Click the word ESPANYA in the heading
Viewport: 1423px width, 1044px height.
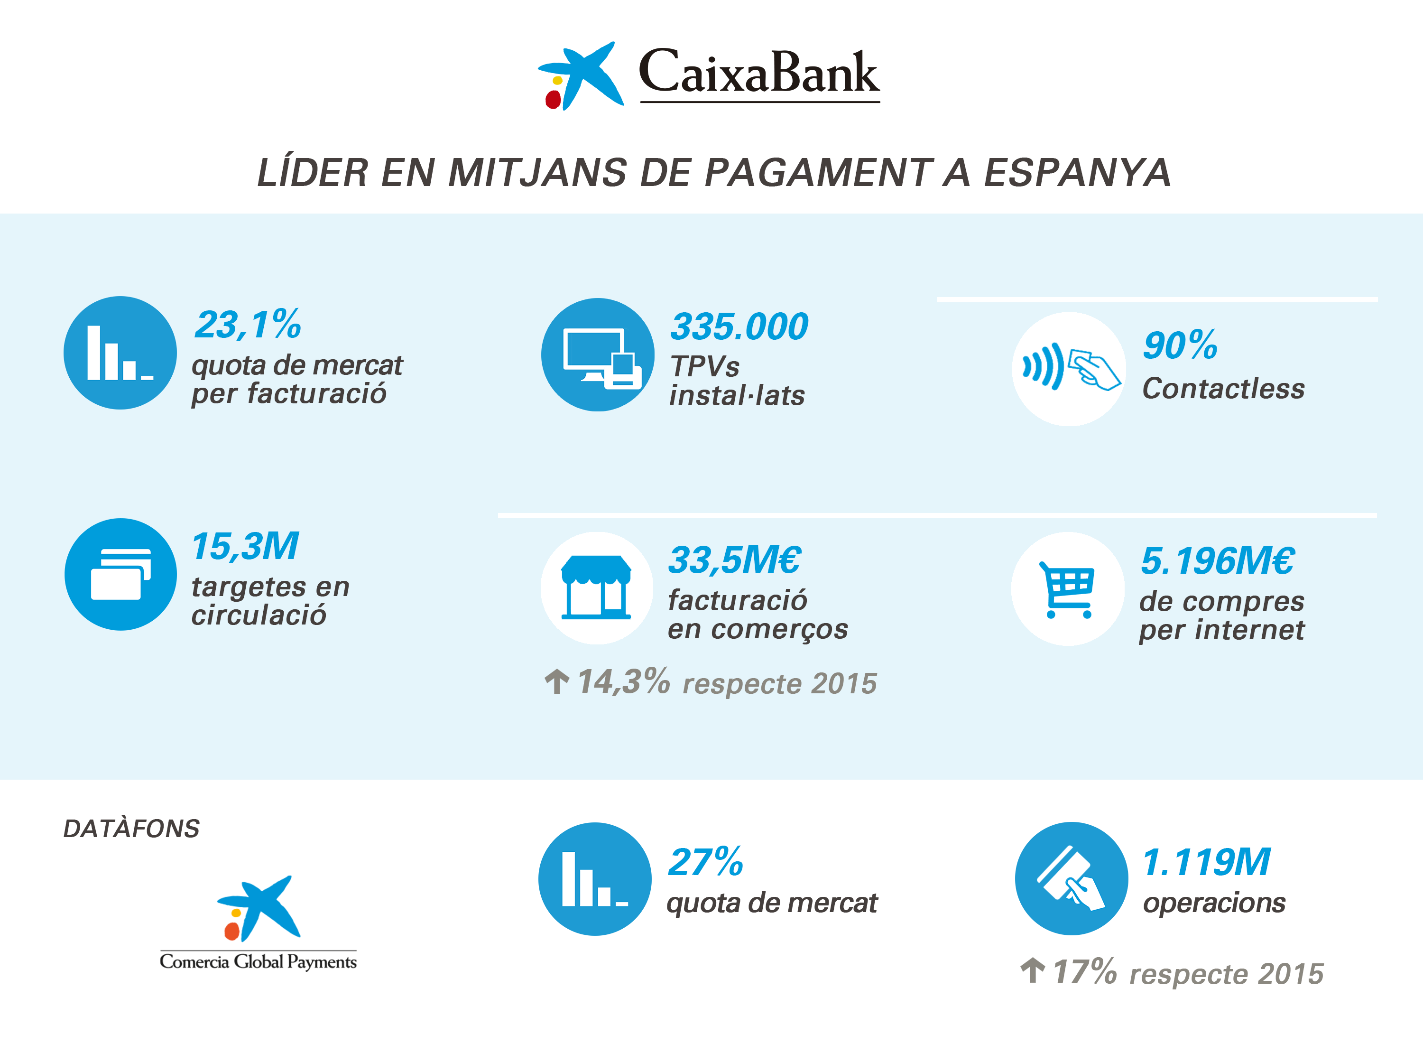tap(1077, 173)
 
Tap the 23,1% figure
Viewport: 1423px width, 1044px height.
tap(248, 325)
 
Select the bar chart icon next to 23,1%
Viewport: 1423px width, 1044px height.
tap(120, 353)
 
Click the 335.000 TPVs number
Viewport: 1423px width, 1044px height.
tap(739, 326)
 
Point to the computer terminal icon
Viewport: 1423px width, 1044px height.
tap(598, 355)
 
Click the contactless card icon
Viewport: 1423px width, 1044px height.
tap(1069, 369)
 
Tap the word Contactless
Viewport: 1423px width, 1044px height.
tap(1223, 389)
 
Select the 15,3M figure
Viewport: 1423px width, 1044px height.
tap(244, 546)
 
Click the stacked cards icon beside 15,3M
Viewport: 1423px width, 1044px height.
tap(120, 574)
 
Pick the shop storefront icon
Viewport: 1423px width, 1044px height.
tap(596, 587)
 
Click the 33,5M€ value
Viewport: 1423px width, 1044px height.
tap(735, 560)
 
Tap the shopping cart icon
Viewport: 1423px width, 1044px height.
tap(1067, 589)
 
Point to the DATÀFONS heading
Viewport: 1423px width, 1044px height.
tap(131, 829)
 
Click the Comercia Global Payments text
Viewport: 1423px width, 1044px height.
tap(258, 961)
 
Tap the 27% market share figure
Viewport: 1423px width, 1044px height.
tap(705, 862)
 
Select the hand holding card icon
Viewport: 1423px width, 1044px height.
tap(1071, 878)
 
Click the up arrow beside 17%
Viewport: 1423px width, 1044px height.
tap(1032, 970)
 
